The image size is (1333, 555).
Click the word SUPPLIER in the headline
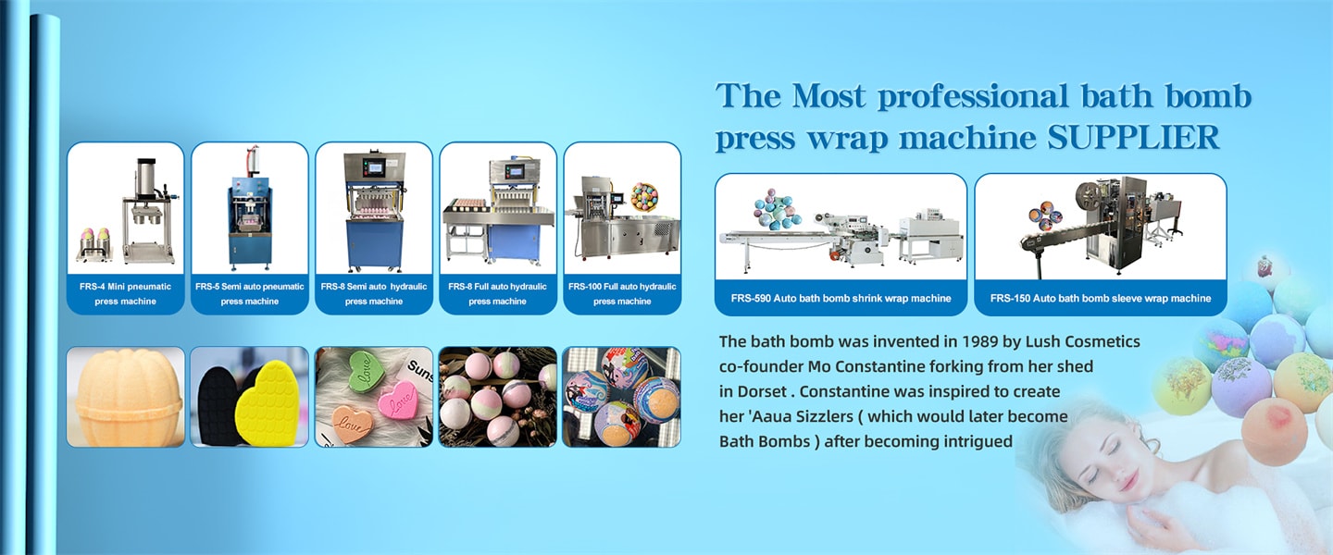click(x=1133, y=138)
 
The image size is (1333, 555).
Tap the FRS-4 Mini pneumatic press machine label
click(x=126, y=294)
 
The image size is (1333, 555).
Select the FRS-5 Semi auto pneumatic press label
click(x=249, y=294)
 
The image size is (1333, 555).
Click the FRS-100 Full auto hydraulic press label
click(x=622, y=294)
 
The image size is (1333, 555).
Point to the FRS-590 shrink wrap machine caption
click(x=841, y=298)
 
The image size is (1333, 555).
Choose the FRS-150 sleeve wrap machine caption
click(x=1101, y=298)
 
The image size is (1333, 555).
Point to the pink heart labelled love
click(x=396, y=399)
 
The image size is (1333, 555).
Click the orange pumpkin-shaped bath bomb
click(x=126, y=397)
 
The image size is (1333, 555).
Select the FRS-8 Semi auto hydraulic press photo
click(x=374, y=208)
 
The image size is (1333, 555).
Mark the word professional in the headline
click(x=972, y=96)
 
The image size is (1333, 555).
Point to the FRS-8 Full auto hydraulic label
click(x=497, y=294)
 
